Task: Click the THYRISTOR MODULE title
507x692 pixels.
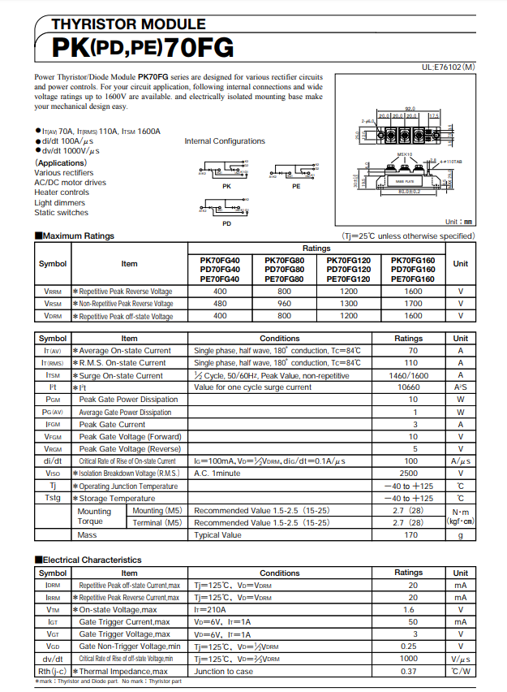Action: coord(129,24)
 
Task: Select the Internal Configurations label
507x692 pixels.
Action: coord(225,141)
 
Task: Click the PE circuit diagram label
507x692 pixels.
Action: coord(296,186)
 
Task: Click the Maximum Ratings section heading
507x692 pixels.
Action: coord(77,236)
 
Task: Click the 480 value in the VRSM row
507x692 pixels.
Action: coord(220,303)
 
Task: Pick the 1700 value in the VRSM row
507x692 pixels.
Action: coord(413,303)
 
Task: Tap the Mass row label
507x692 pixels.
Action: coord(87,535)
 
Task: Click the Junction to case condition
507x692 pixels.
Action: coord(223,672)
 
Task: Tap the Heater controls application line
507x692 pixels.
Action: coord(62,192)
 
